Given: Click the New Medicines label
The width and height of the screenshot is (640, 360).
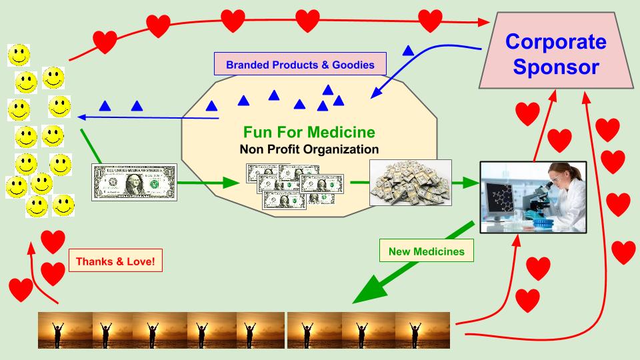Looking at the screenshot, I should (x=427, y=252).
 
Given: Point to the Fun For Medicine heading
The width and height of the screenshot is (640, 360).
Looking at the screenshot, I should (x=309, y=132).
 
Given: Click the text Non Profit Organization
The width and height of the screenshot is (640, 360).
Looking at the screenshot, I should (x=309, y=149).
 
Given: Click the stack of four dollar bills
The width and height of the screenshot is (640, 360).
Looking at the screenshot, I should (x=293, y=186).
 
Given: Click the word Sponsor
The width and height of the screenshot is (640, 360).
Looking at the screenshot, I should (x=556, y=67).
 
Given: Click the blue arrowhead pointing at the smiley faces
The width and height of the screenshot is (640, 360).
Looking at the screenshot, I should (x=81, y=116).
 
